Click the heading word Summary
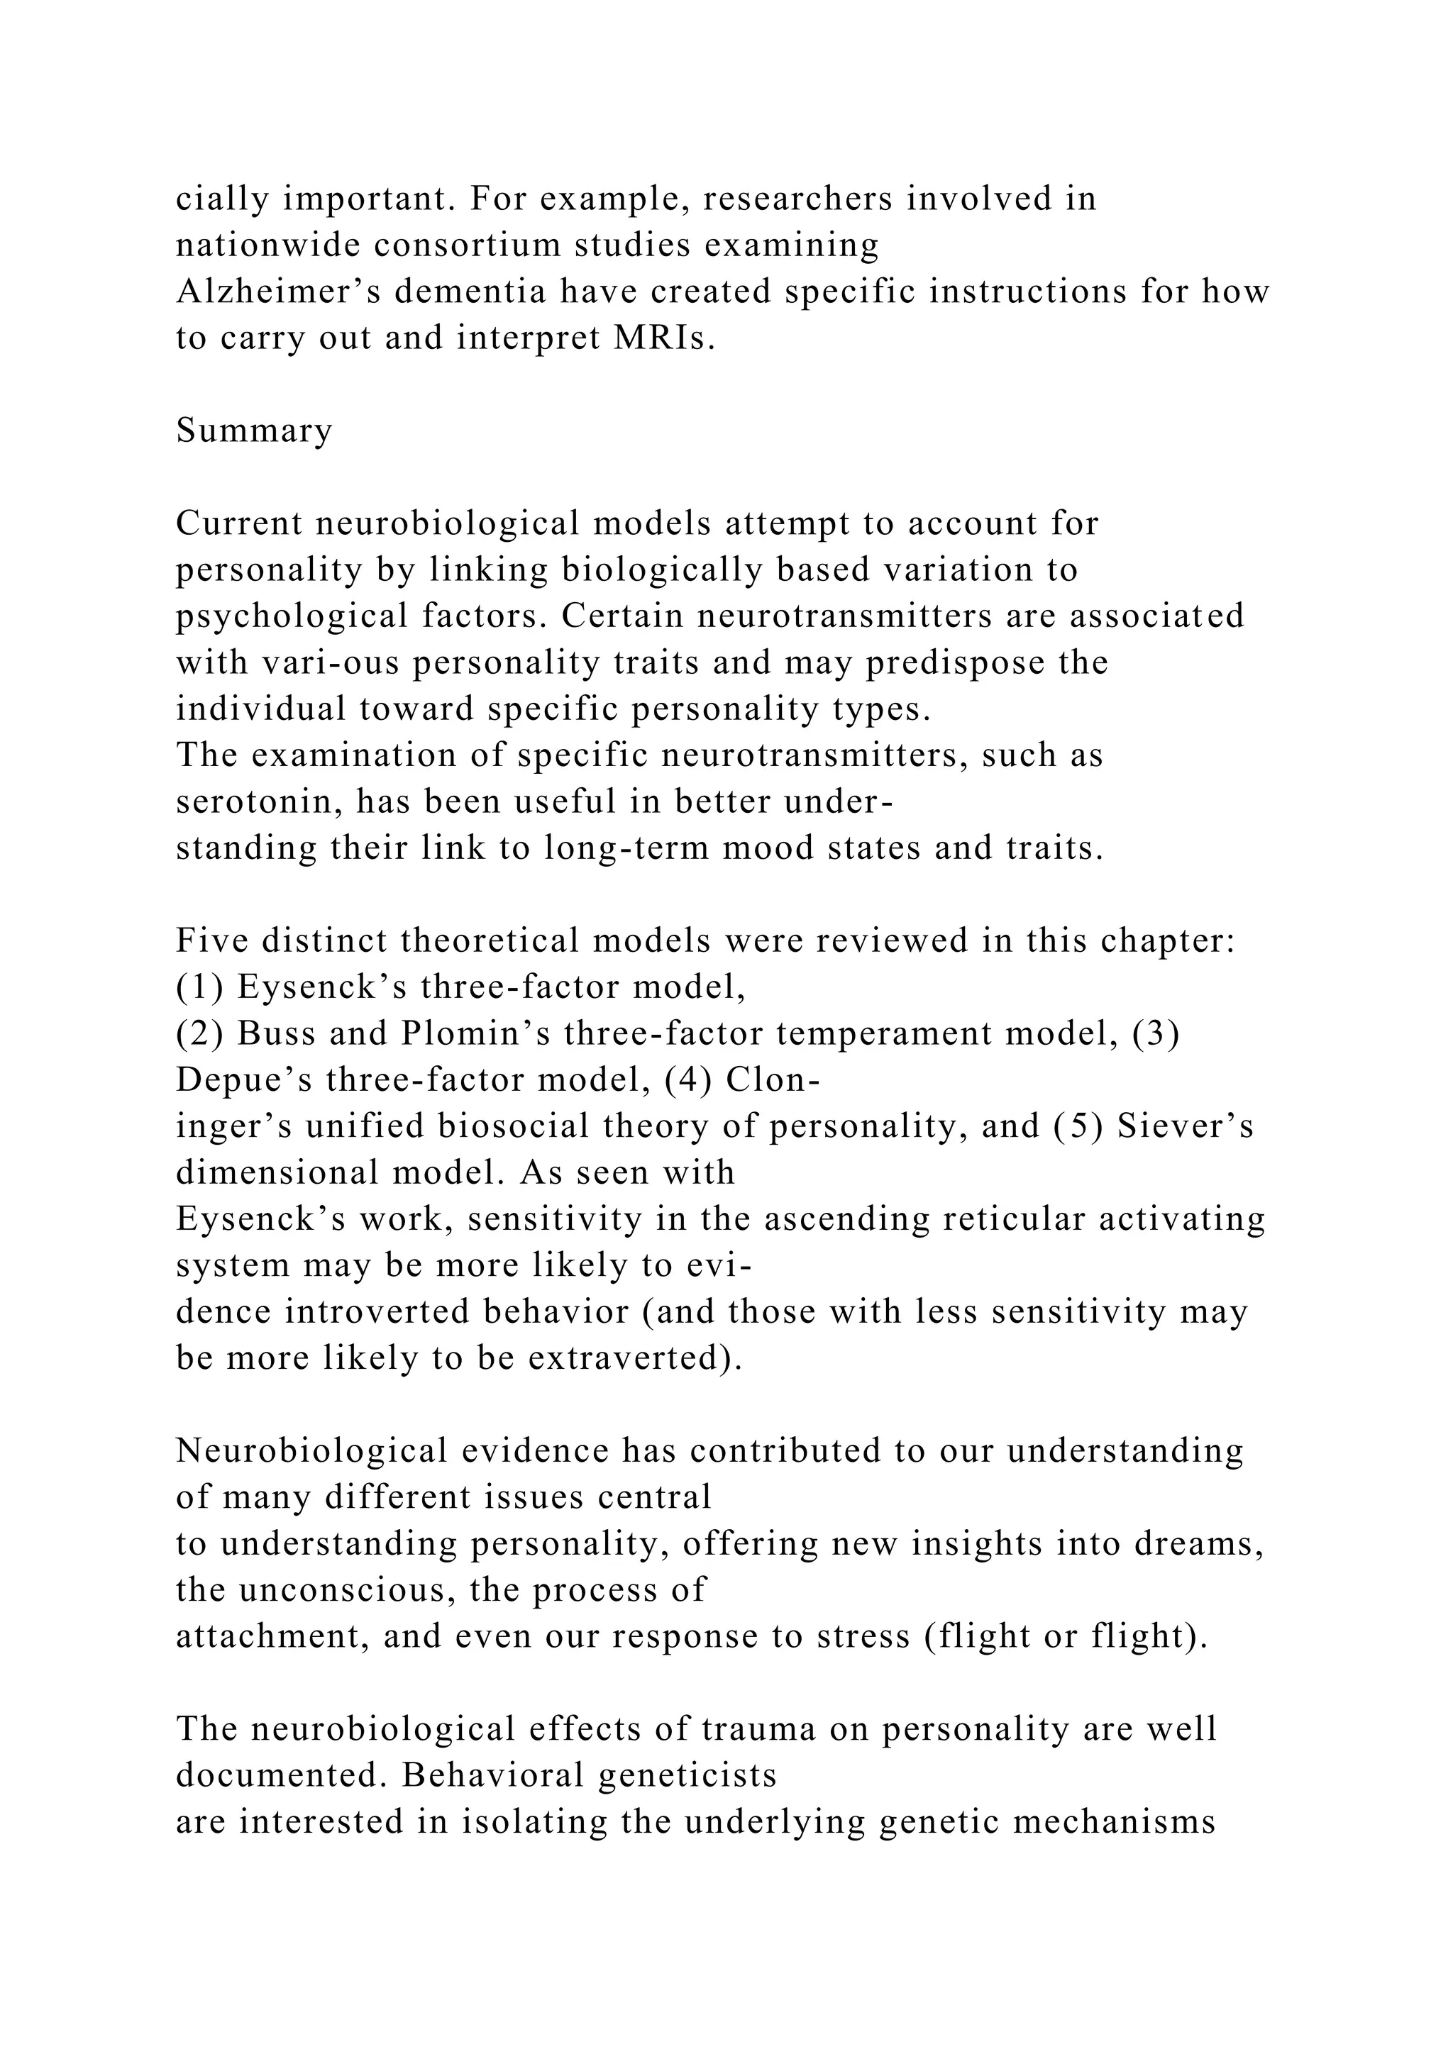(254, 431)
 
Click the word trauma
(758, 1729)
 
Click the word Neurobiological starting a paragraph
(311, 1451)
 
